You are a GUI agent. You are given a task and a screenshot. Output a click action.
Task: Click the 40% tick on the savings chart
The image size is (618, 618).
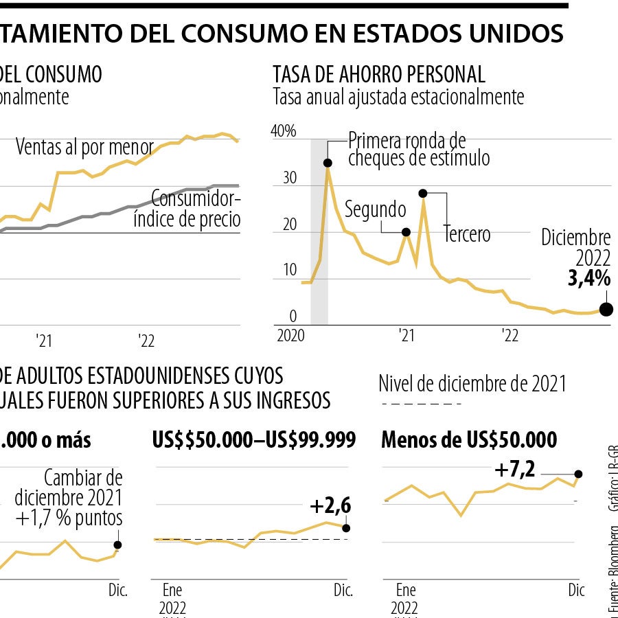[284, 132]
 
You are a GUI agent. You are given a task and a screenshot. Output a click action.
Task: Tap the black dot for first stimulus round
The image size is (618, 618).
[328, 163]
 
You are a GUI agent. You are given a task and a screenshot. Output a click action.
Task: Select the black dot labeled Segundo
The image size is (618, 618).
[406, 232]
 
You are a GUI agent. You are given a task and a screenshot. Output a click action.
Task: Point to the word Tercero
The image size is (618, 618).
[467, 233]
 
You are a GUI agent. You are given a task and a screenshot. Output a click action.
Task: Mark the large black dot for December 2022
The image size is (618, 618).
[606, 310]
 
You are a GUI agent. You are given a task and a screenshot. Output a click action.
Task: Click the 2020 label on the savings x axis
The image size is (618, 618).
[289, 336]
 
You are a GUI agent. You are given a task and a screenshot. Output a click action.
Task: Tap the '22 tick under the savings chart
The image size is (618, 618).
[510, 336]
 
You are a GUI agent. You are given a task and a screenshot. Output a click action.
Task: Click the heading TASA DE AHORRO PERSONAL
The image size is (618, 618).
[379, 75]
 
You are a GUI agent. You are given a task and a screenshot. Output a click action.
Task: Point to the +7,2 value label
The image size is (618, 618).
[514, 471]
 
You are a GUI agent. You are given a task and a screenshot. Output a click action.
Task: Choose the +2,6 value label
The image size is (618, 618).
[330, 506]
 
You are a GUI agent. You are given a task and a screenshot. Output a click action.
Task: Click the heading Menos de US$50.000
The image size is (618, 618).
[469, 439]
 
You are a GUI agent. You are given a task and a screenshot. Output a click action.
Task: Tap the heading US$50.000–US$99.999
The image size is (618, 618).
[253, 439]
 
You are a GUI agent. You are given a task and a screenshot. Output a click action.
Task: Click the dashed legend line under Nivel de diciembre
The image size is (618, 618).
[412, 405]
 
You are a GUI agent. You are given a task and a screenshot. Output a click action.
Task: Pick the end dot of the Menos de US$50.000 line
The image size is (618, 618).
[578, 474]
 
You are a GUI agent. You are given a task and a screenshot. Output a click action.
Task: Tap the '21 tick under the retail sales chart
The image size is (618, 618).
[45, 341]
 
